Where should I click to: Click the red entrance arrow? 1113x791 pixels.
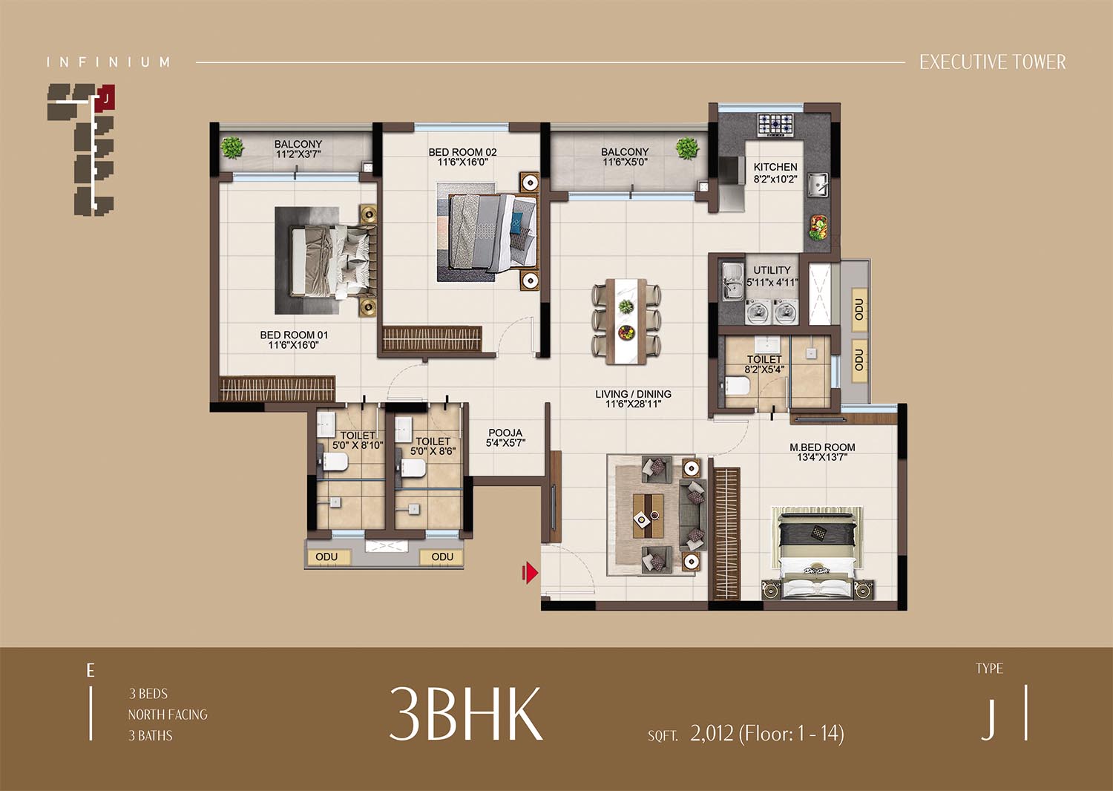pos(530,574)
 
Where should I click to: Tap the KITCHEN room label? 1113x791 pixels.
pos(775,167)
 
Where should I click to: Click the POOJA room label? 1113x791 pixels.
pos(505,433)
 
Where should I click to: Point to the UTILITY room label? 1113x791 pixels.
pos(772,270)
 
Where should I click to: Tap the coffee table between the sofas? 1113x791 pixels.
pos(648,515)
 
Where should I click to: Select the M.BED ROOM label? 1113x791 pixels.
pos(822,447)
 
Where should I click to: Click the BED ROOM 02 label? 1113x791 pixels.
pos(462,152)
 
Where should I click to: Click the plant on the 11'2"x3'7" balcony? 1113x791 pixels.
pos(232,148)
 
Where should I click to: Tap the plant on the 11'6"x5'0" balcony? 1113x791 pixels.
pos(686,148)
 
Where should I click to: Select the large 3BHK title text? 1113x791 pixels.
pos(465,714)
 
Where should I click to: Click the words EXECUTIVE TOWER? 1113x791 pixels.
pos(992,62)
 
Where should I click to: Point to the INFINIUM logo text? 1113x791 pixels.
pos(108,62)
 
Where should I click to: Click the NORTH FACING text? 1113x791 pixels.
pos(168,715)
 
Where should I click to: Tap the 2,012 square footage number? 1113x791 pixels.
pos(712,733)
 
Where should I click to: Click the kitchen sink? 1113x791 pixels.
pos(816,184)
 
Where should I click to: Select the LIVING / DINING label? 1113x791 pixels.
pos(633,394)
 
